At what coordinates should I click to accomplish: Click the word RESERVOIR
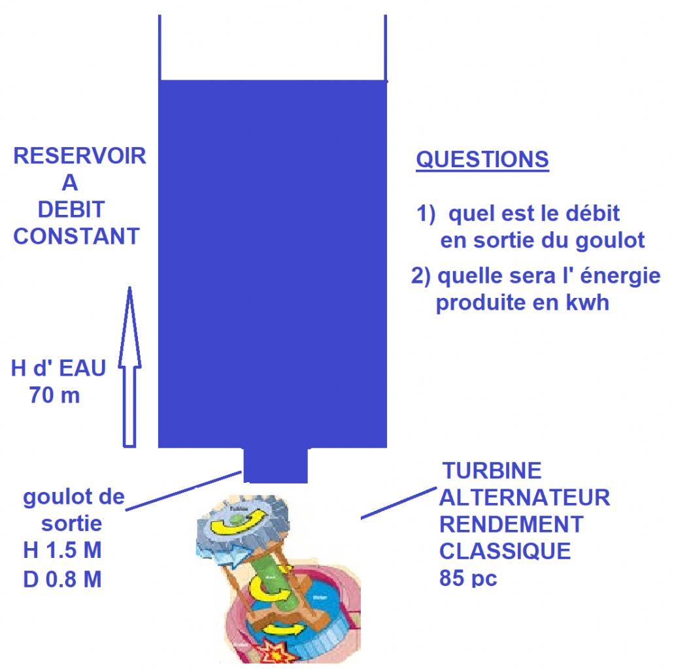[79, 157]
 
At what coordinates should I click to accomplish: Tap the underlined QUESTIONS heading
[482, 160]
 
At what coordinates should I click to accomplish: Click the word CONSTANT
[76, 236]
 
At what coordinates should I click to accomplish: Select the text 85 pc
[468, 579]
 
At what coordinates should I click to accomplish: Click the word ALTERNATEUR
[524, 497]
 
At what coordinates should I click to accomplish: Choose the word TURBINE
[492, 470]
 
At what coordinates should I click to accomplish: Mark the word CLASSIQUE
[505, 551]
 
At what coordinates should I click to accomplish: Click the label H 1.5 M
[62, 551]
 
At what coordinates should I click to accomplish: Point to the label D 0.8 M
[62, 579]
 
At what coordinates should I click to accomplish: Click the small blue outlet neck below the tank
[275, 465]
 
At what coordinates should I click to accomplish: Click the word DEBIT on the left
[71, 209]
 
